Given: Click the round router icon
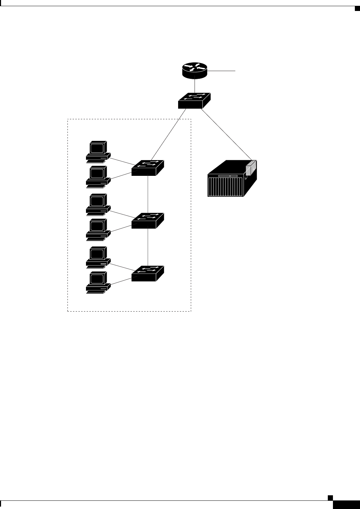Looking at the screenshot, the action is [x=195, y=69].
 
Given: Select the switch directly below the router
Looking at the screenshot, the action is [x=194, y=100].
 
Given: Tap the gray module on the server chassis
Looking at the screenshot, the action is [x=251, y=169].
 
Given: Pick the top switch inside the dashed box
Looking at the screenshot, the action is [x=148, y=168].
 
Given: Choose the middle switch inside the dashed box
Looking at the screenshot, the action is [x=148, y=220].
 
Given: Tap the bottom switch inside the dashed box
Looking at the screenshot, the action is [x=148, y=273].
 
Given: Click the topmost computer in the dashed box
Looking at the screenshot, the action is [x=98, y=151].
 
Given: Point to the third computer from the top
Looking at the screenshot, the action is [x=98, y=205].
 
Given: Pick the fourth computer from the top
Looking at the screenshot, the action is [x=98, y=229].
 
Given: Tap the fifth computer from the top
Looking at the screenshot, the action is [x=98, y=257].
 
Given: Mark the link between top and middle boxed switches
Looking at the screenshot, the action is [x=148, y=194].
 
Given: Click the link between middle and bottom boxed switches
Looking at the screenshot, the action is [x=148, y=247].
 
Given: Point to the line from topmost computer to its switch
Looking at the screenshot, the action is [x=122, y=161].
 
